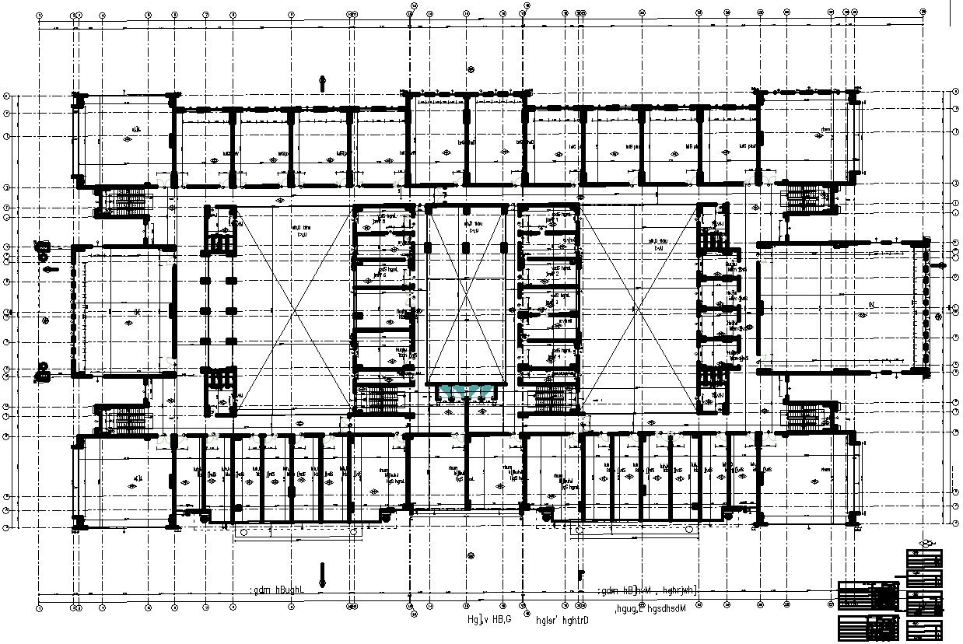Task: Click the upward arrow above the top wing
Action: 323,82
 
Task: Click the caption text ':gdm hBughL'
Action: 276,590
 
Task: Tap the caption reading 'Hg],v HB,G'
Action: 489,619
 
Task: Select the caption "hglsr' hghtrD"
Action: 562,620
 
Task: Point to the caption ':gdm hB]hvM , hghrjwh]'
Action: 649,591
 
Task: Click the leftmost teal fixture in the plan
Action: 446,390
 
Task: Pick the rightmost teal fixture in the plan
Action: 488,390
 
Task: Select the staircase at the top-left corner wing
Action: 124,202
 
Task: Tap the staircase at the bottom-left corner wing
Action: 124,420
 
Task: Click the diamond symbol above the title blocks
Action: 925,542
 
